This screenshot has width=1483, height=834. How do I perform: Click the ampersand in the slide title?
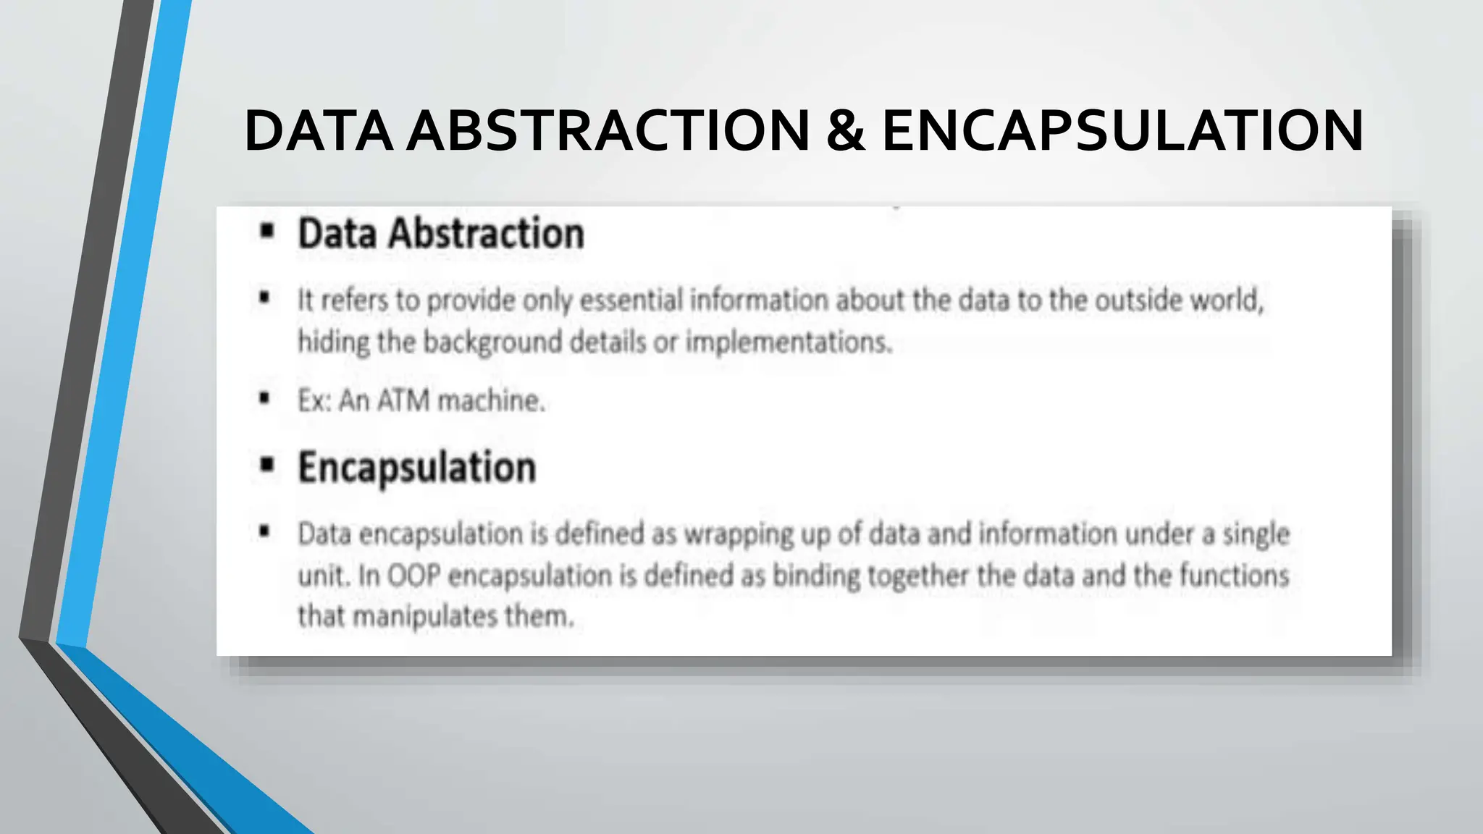845,130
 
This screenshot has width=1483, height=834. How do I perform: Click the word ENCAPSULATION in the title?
1122,130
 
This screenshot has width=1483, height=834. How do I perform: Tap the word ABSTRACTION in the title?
608,130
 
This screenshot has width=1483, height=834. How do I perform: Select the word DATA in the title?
319,130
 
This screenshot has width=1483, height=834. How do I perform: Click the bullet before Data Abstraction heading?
267,232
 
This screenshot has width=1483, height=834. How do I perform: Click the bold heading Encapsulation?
417,468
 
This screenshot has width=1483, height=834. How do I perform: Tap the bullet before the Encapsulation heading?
267,465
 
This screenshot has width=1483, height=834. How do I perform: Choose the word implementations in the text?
789,342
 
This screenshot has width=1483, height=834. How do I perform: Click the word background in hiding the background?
492,342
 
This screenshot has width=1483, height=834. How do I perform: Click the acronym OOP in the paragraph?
414,576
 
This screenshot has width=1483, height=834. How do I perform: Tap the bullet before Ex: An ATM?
264,398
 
